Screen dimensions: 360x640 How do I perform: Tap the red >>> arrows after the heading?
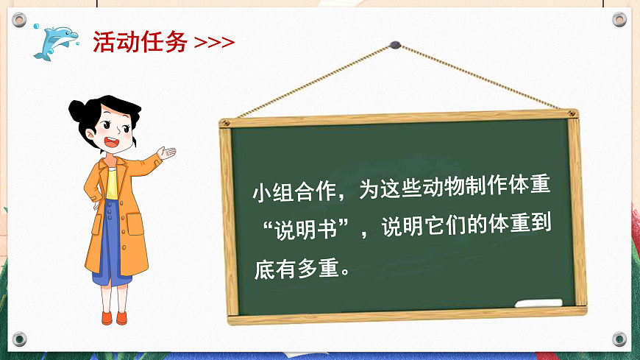point(214,43)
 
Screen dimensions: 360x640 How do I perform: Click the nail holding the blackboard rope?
point(396,45)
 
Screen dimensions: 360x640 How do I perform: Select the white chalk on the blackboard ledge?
point(538,303)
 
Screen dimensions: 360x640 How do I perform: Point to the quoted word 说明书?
point(305,228)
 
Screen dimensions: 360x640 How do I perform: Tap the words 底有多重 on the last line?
point(294,264)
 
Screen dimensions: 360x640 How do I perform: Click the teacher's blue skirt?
point(110,243)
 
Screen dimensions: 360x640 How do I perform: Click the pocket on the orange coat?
point(135,224)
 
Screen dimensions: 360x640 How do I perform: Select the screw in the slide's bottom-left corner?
point(20,339)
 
